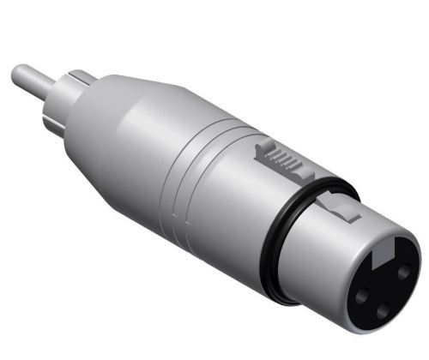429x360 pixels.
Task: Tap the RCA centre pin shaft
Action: (x=33, y=78)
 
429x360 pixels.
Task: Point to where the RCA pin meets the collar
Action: (x=51, y=81)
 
